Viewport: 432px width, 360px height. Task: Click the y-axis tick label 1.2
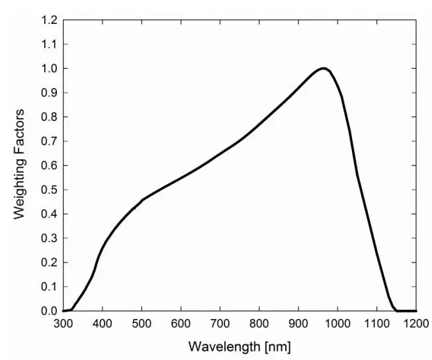[50, 20]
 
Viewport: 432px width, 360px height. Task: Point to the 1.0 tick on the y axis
[50, 68]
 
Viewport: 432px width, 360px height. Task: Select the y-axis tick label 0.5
[50, 190]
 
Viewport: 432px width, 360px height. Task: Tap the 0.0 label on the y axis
[50, 311]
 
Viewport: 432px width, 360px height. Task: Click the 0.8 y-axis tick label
[50, 117]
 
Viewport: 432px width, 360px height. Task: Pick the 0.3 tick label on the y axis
[50, 238]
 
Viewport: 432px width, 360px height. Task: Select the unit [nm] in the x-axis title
[277, 347]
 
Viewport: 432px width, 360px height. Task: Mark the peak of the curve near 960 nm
[323, 68]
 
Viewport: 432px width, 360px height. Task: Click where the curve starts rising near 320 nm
[71, 309]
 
